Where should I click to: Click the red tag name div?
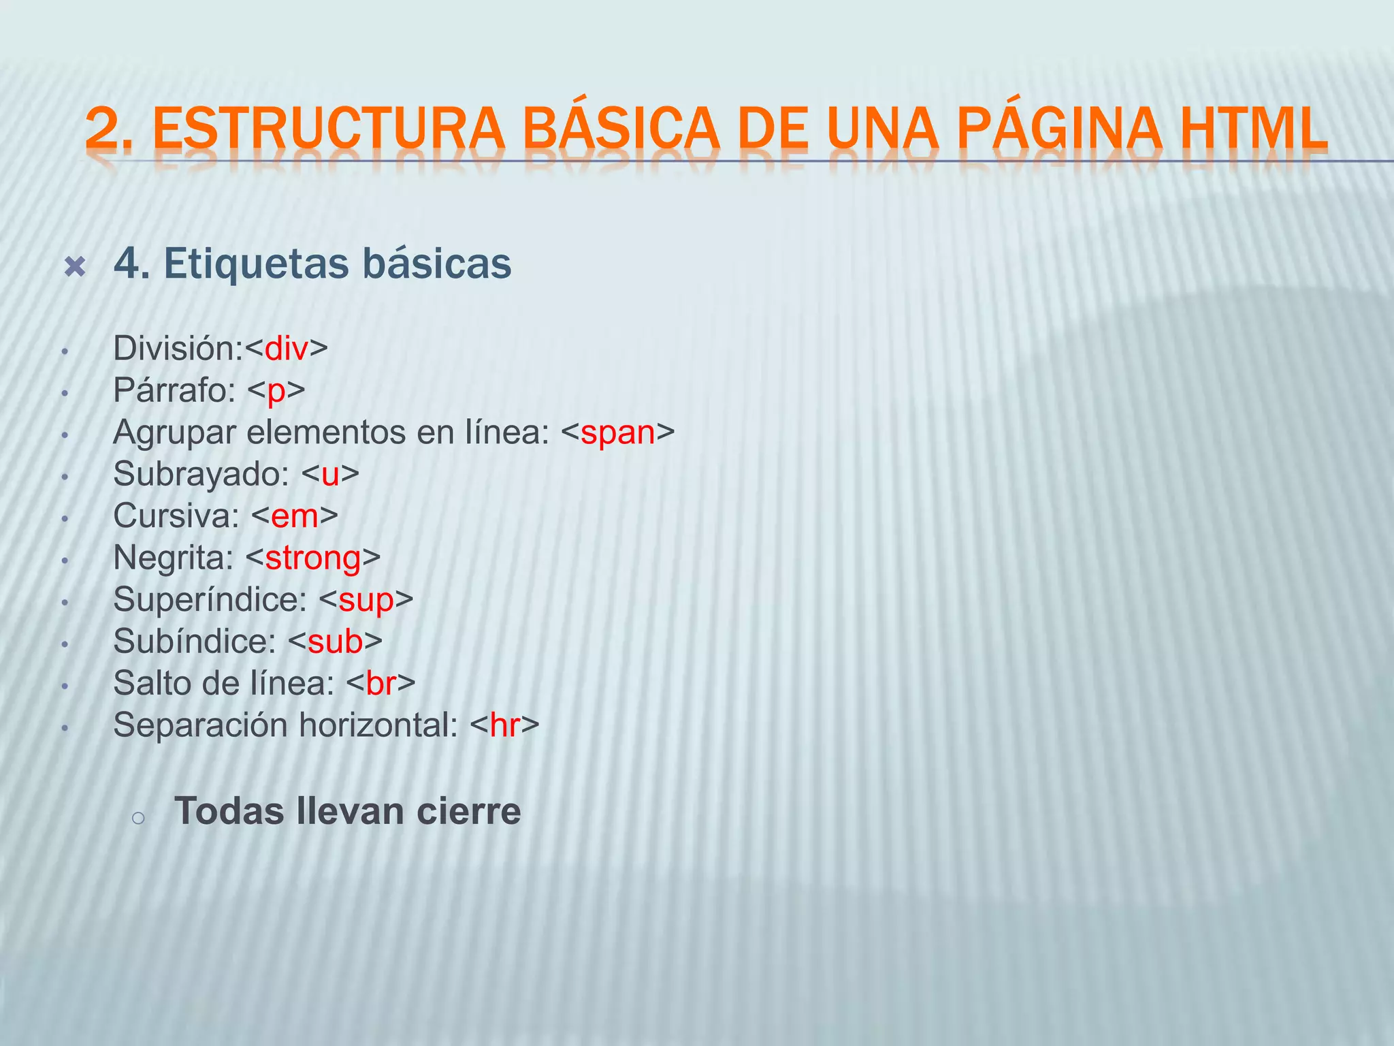(287, 349)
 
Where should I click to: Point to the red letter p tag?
(276, 392)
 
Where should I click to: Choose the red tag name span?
(617, 433)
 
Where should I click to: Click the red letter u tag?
(330, 475)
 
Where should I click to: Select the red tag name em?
(295, 517)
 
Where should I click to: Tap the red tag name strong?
(313, 559)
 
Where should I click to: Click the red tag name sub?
(335, 642)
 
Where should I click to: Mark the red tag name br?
(381, 684)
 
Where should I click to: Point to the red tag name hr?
(504, 725)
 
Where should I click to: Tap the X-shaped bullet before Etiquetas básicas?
(74, 266)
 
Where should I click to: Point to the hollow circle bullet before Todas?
(138, 819)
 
